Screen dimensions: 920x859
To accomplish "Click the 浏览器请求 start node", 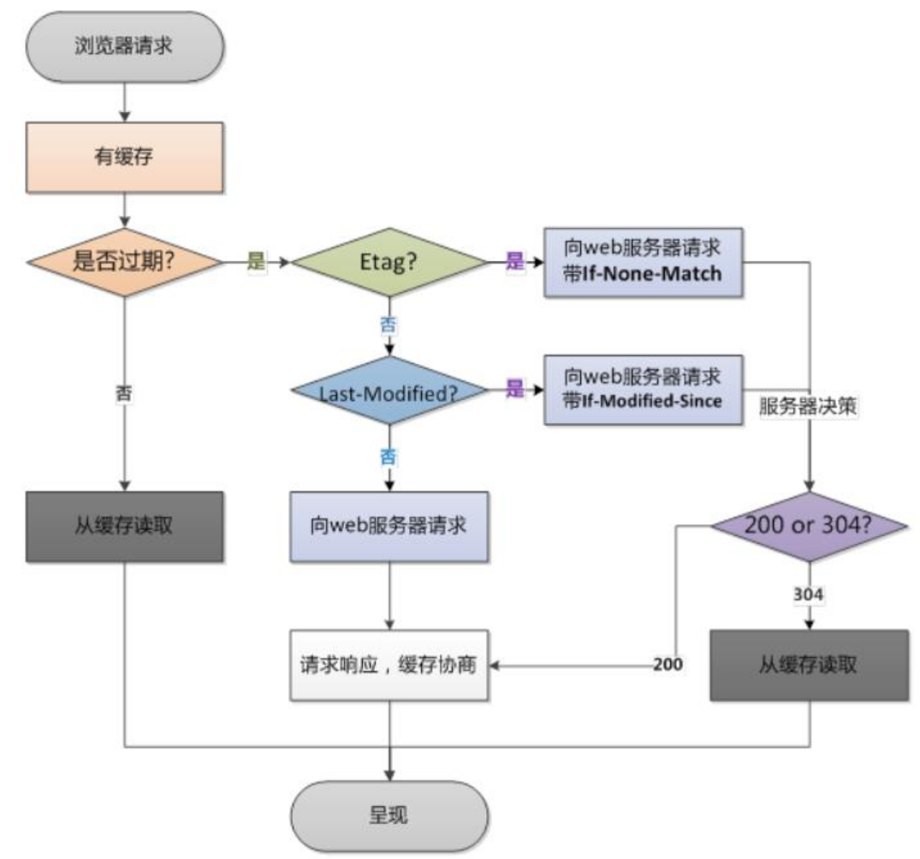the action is pyautogui.click(x=124, y=45).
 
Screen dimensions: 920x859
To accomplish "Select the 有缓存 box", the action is pyautogui.click(x=124, y=158).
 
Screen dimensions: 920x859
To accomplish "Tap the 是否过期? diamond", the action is pyautogui.click(x=124, y=262).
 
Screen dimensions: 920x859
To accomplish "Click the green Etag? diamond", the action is pyautogui.click(x=389, y=262).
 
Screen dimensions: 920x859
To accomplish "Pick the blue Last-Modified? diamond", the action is pyautogui.click(x=389, y=391).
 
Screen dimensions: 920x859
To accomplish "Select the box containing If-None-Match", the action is pyautogui.click(x=643, y=262).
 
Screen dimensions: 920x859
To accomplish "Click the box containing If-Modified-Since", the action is pyautogui.click(x=643, y=390).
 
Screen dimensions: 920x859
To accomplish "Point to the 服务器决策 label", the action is pyautogui.click(x=807, y=406).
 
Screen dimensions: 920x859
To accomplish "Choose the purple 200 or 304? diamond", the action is pyautogui.click(x=809, y=526).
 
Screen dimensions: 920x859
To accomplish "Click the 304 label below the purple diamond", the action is pyautogui.click(x=809, y=594).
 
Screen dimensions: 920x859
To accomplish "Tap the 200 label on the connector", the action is pyautogui.click(x=668, y=664).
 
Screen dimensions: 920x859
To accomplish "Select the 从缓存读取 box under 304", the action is pyautogui.click(x=809, y=665).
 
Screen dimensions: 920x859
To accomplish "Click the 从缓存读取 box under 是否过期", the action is pyautogui.click(x=124, y=527).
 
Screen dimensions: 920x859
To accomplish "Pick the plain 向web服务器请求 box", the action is pyautogui.click(x=389, y=527).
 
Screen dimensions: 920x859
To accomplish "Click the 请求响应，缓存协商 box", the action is pyautogui.click(x=389, y=665).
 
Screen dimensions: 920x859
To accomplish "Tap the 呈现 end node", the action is pyautogui.click(x=389, y=815).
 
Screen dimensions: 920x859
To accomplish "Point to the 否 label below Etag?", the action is pyautogui.click(x=389, y=325).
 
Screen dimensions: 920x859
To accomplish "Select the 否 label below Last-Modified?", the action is pyautogui.click(x=389, y=456).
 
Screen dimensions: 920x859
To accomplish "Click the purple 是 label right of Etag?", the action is pyautogui.click(x=514, y=260).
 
